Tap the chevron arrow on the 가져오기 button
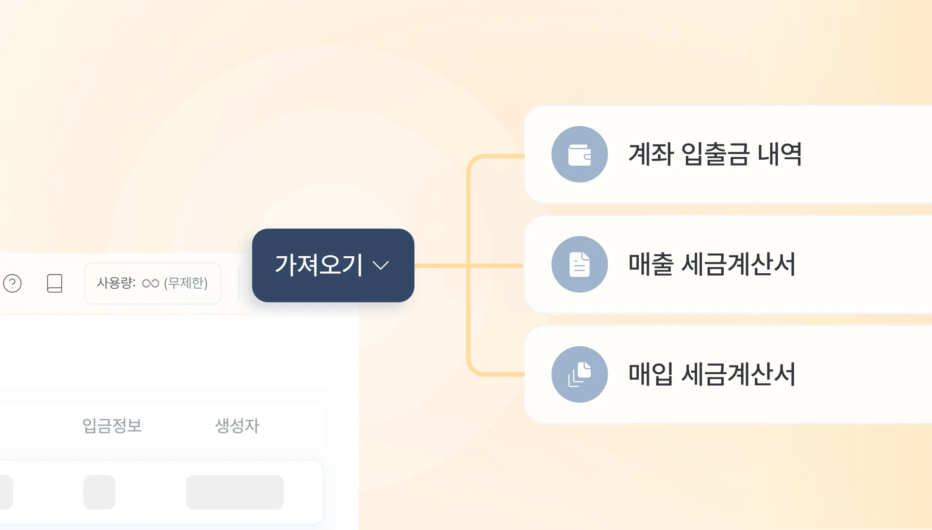(x=381, y=265)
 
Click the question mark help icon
(x=13, y=283)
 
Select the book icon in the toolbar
(x=54, y=283)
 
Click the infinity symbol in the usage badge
(x=150, y=283)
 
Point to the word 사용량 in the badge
(x=116, y=283)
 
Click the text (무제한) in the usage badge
(x=186, y=283)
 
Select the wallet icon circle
(x=579, y=154)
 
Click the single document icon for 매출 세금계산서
(x=579, y=265)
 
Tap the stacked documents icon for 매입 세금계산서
(x=579, y=374)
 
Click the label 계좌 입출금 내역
(x=715, y=154)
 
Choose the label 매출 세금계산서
(x=712, y=265)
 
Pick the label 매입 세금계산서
(x=712, y=374)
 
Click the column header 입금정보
(x=112, y=426)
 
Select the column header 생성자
(x=237, y=426)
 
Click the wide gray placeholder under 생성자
(x=234, y=492)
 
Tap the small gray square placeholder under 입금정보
(x=99, y=492)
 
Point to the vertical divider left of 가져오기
(x=239, y=283)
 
